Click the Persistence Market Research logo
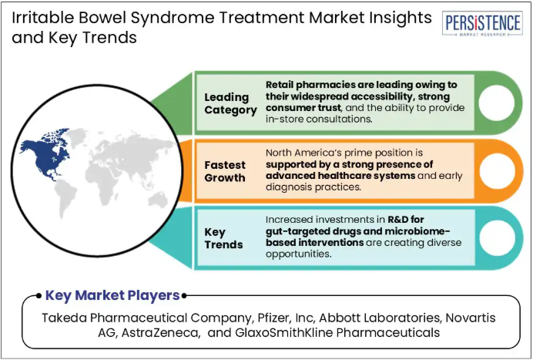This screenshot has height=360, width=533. (482, 23)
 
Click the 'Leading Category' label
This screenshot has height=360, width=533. (230, 103)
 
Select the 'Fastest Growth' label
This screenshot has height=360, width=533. (225, 171)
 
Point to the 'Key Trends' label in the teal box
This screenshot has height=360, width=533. (223, 238)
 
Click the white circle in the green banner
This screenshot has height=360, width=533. (496, 103)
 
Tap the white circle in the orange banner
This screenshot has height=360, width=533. (497, 171)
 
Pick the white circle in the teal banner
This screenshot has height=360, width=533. (497, 238)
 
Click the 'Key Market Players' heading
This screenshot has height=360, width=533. (112, 295)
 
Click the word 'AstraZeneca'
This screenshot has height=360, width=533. (159, 332)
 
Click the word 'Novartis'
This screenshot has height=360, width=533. (471, 318)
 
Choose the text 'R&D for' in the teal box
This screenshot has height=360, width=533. (406, 220)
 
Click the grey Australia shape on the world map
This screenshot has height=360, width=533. (158, 200)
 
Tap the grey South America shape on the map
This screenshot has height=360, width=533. (66, 198)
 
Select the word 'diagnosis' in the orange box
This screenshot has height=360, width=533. (289, 187)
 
